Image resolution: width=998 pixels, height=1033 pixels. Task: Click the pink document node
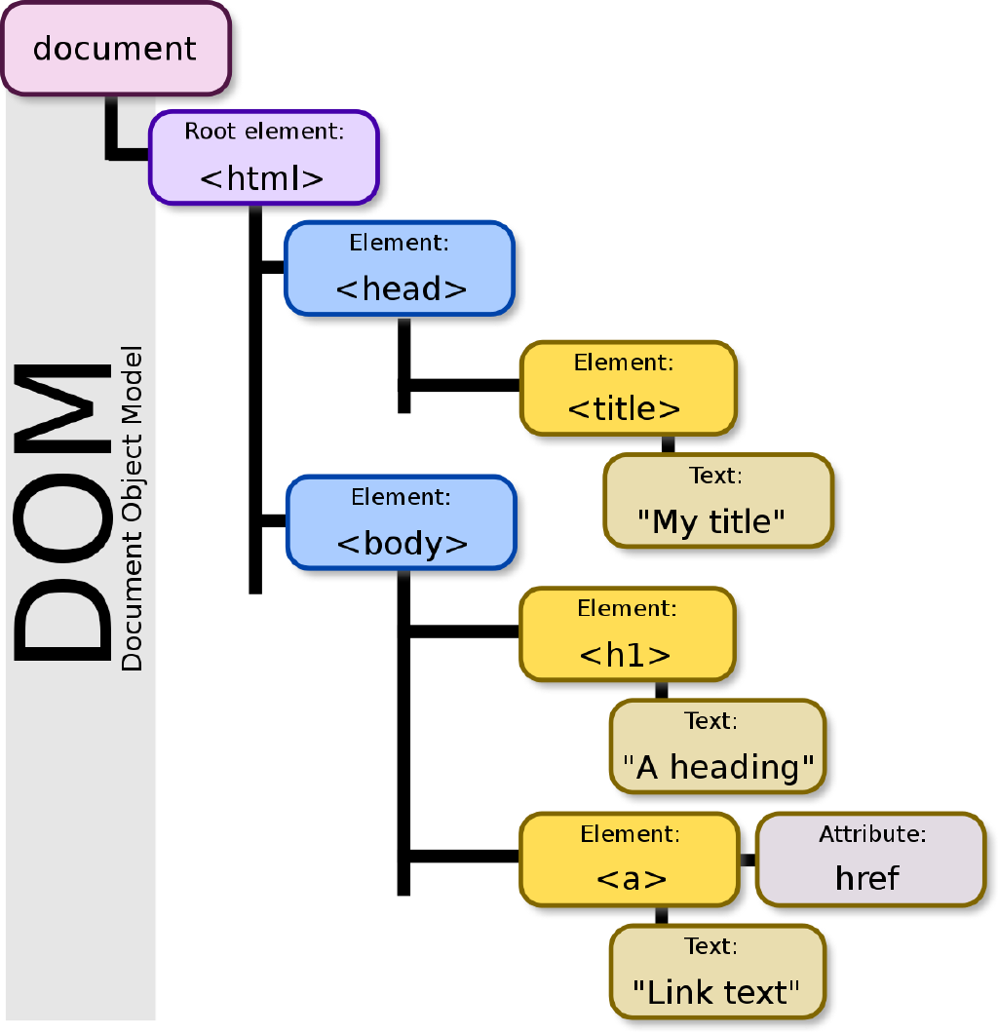(x=115, y=49)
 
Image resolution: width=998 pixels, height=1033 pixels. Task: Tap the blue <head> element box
(x=400, y=269)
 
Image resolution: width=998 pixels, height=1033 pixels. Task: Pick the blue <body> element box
(x=401, y=523)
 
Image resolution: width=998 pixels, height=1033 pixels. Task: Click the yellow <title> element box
(x=628, y=388)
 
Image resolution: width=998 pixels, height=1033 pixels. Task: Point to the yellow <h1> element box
(x=627, y=634)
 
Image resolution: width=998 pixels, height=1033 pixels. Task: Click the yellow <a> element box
(x=630, y=860)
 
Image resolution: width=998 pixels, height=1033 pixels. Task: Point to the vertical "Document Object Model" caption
(x=132, y=508)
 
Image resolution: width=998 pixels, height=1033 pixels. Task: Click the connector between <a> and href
(x=748, y=860)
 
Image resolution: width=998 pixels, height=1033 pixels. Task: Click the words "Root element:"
(x=265, y=132)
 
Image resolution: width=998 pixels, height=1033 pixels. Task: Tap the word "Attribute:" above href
(x=871, y=834)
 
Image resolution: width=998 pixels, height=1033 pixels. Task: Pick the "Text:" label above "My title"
(x=715, y=476)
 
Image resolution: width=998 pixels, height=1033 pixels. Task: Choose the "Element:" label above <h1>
(x=626, y=609)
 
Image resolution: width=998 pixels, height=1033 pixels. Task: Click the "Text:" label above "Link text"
(x=710, y=946)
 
